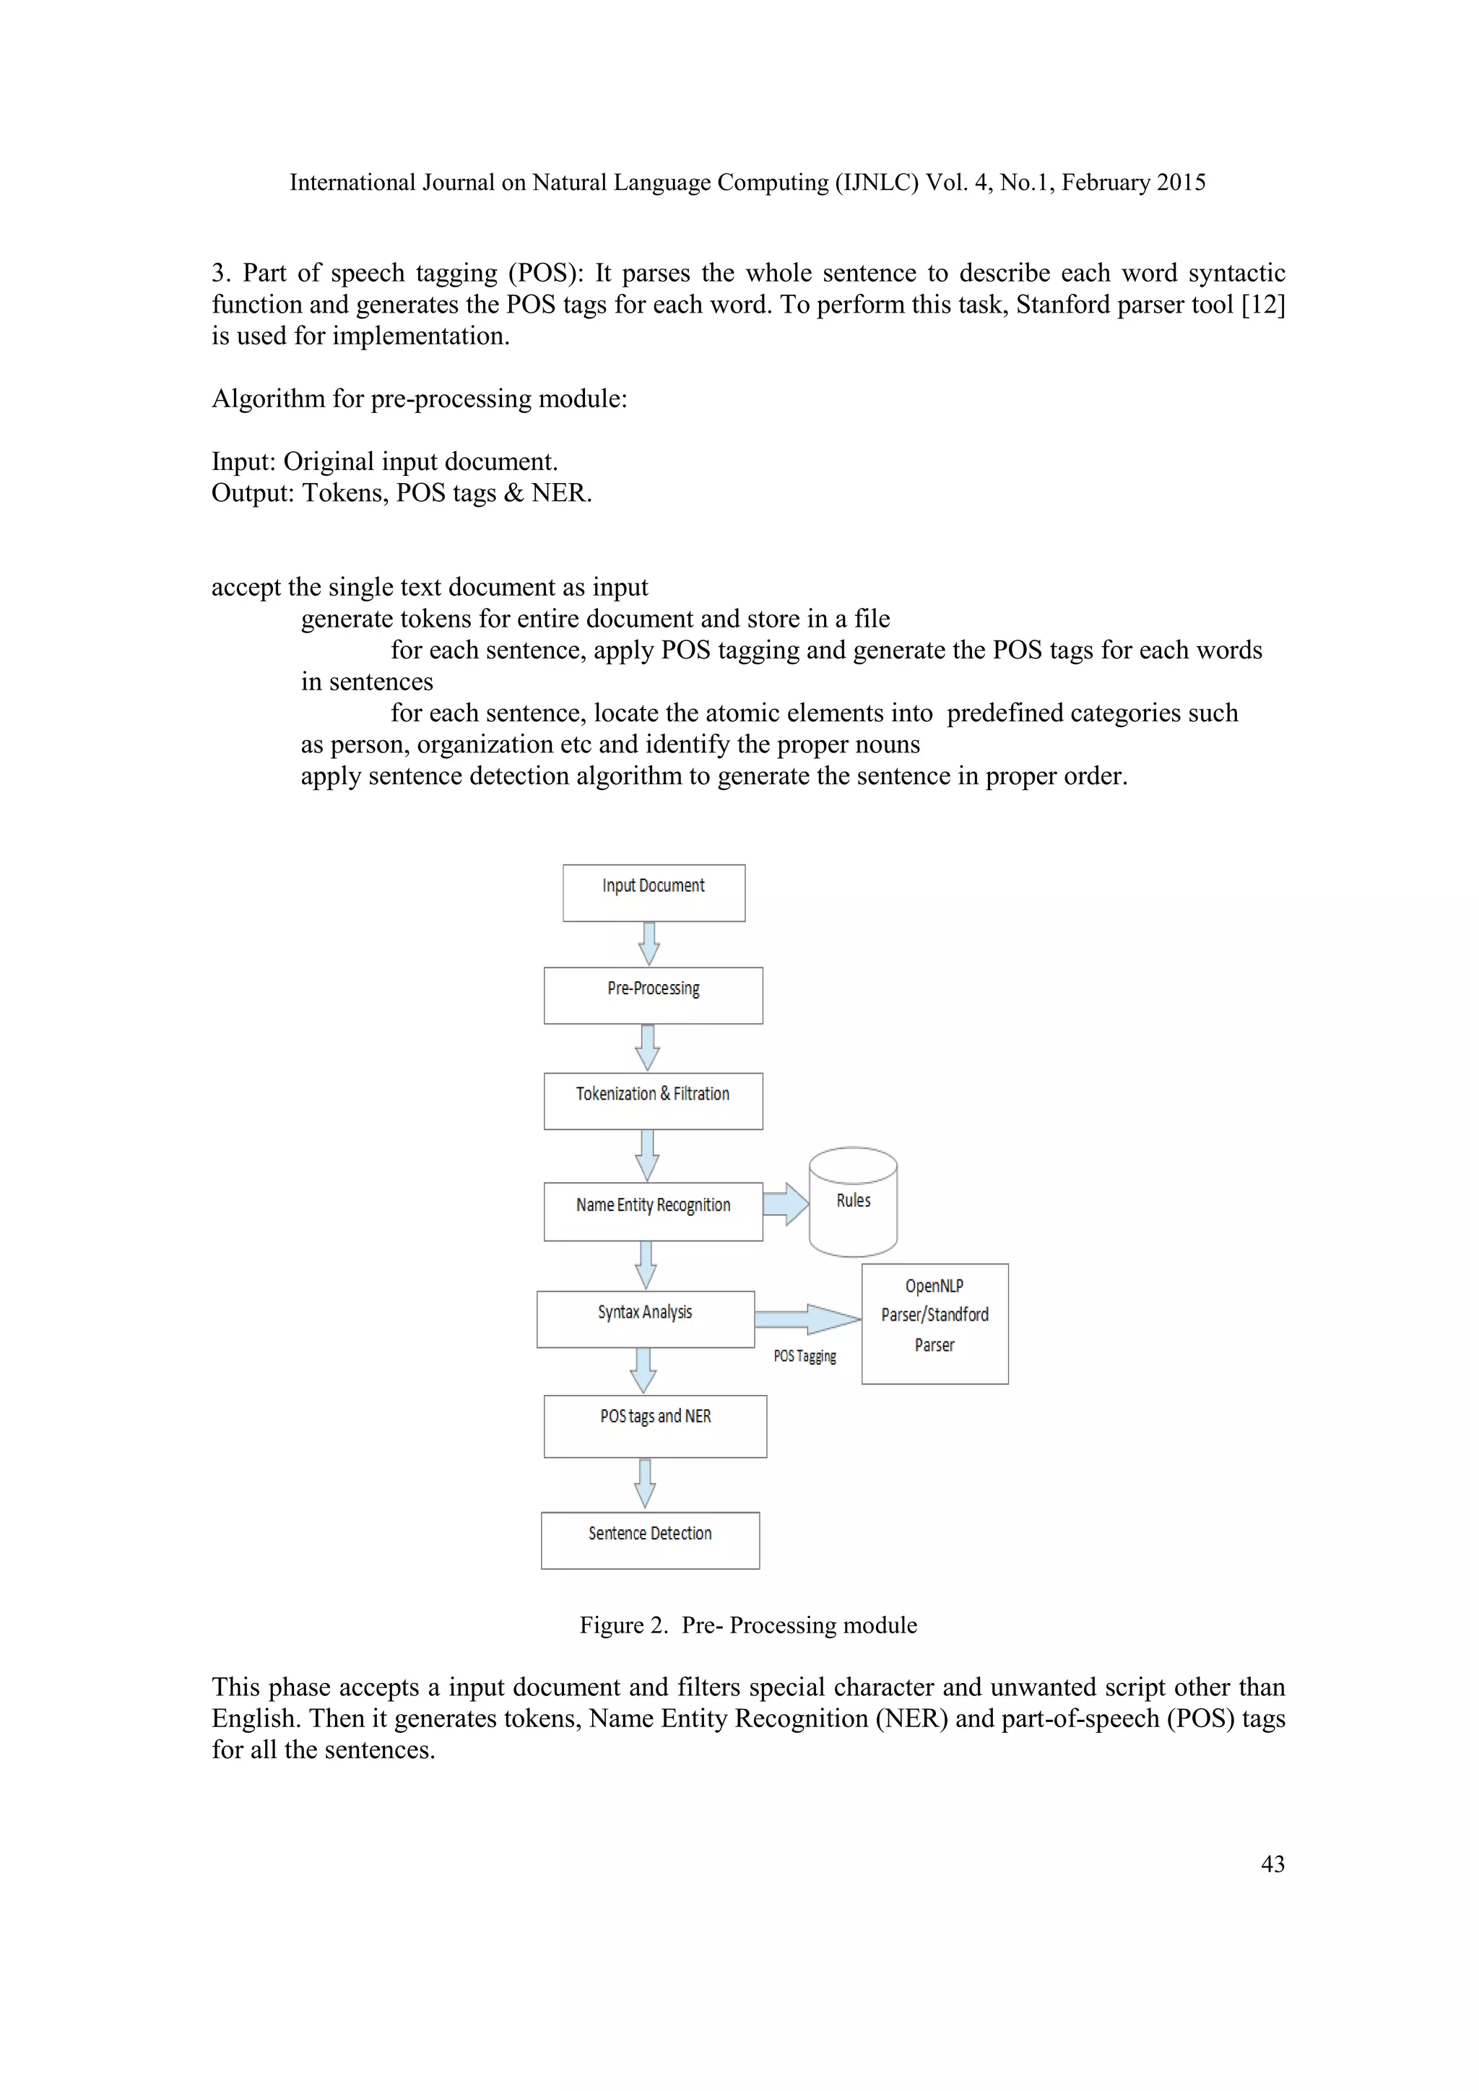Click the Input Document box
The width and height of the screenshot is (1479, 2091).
[653, 892]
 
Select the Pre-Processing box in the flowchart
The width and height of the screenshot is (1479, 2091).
[653, 996]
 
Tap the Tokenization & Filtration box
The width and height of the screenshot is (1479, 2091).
[653, 1100]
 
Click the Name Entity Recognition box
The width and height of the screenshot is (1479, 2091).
[653, 1212]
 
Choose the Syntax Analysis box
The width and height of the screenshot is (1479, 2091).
[645, 1318]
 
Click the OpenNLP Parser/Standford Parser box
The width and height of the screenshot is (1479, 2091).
[934, 1323]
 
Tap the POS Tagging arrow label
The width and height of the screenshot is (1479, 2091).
[804, 1356]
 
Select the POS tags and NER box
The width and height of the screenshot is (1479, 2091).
[655, 1425]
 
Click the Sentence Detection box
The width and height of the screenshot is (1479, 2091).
[649, 1540]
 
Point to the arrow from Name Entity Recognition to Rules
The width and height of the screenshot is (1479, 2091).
[786, 1204]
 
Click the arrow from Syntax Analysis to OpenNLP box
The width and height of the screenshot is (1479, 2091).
[807, 1318]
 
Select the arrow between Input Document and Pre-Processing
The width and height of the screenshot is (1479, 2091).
[649, 944]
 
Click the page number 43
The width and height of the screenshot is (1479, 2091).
[1272, 1864]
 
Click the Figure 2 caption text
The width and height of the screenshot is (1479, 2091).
[747, 1625]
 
